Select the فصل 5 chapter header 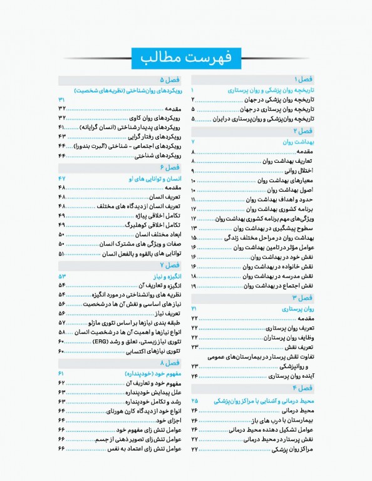pyautogui.click(x=170, y=80)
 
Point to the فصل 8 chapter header pyautogui.click(x=170, y=363)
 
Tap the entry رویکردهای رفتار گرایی pyautogui.click(x=153, y=136)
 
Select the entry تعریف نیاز pyautogui.click(x=165, y=313)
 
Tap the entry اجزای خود pyautogui.click(x=167, y=420)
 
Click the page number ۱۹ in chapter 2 pyautogui.click(x=194, y=286)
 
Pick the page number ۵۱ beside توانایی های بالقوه pyautogui.click(x=62, y=254)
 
